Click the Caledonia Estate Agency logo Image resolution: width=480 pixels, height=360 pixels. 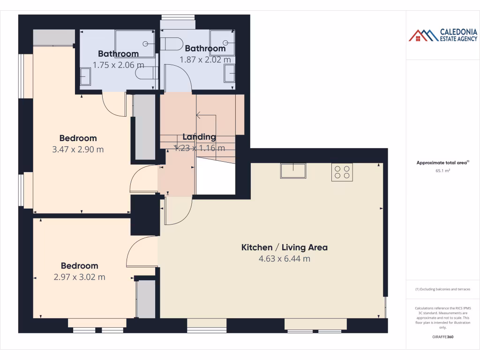(x=443, y=35)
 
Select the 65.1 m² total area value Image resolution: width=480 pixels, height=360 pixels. (x=443, y=171)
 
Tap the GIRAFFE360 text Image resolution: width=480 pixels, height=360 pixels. (x=443, y=337)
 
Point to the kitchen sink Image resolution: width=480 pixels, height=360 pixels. (x=293, y=171)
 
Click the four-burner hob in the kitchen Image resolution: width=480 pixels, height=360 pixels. (x=342, y=172)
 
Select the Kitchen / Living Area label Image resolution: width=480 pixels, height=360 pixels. (x=284, y=247)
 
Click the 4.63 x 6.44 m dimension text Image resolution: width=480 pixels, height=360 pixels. (x=284, y=259)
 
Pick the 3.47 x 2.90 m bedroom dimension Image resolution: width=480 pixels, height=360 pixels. (x=78, y=150)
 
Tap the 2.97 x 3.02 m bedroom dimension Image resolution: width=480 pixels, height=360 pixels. (x=79, y=277)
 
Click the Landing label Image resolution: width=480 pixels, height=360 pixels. (x=199, y=137)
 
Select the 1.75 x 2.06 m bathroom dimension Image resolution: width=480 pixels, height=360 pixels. (x=118, y=65)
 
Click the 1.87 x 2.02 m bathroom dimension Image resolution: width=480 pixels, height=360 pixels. (x=205, y=60)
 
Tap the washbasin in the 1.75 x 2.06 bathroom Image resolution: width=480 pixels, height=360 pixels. (x=85, y=76)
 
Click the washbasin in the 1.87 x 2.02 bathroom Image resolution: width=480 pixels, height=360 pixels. (x=230, y=74)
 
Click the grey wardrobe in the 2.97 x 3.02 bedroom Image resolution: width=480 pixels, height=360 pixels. (x=146, y=299)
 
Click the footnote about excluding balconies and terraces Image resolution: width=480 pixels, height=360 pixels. (x=443, y=289)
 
